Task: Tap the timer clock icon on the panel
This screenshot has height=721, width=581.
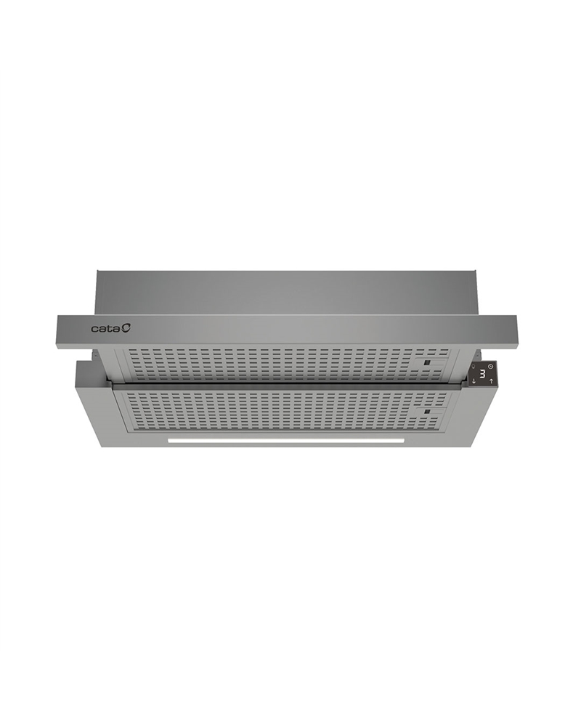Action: click(x=491, y=366)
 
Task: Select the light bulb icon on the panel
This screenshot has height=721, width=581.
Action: click(x=474, y=366)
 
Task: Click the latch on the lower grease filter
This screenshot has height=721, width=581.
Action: click(x=428, y=412)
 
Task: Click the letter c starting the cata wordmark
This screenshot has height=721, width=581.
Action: click(x=94, y=330)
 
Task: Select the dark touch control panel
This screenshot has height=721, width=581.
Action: click(x=482, y=374)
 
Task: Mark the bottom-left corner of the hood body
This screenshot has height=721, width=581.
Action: click(x=102, y=446)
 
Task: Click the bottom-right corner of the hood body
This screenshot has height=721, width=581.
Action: click(x=476, y=446)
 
